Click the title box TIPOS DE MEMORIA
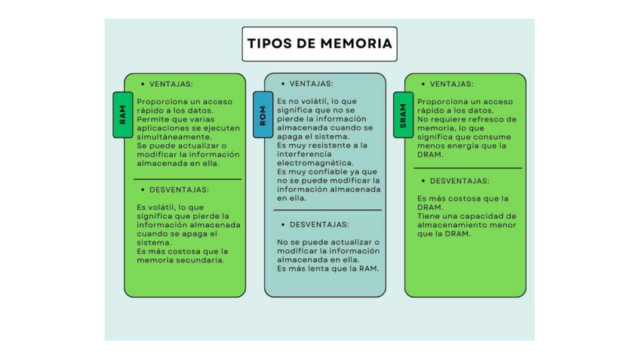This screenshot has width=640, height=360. (x=320, y=44)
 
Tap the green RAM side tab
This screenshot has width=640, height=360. (x=123, y=115)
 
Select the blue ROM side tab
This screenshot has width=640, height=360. (x=263, y=115)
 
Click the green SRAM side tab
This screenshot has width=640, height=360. (x=403, y=115)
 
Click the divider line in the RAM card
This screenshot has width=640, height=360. (x=187, y=179)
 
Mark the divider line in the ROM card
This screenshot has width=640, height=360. (x=327, y=210)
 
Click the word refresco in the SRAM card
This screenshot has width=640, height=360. (x=482, y=119)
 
